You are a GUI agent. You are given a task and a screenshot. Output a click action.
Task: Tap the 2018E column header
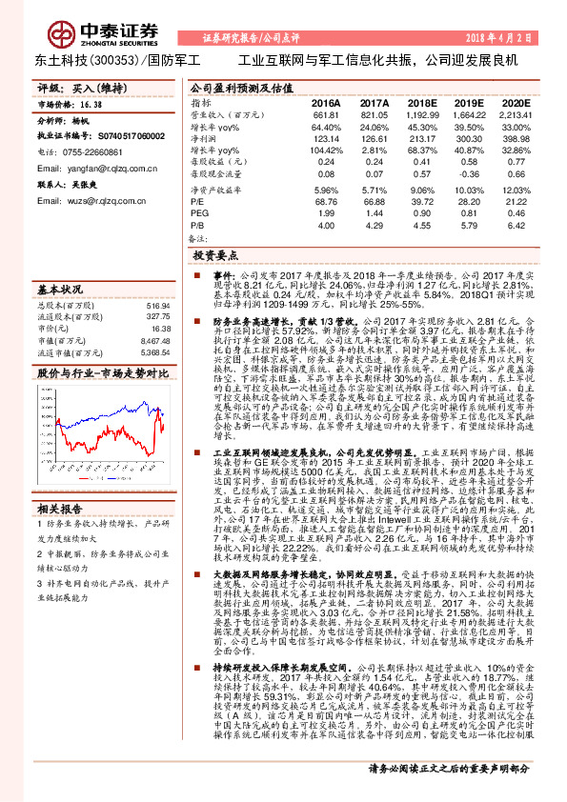pyautogui.click(x=421, y=101)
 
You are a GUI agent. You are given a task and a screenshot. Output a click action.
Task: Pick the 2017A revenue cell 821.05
pyautogui.click(x=375, y=113)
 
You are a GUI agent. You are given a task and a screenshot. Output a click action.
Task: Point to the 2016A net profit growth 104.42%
pyautogui.click(x=326, y=150)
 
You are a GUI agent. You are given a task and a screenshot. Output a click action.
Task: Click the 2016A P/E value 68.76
pyautogui.click(x=326, y=201)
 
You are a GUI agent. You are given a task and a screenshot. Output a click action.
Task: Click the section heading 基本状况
pyautogui.click(x=58, y=289)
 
